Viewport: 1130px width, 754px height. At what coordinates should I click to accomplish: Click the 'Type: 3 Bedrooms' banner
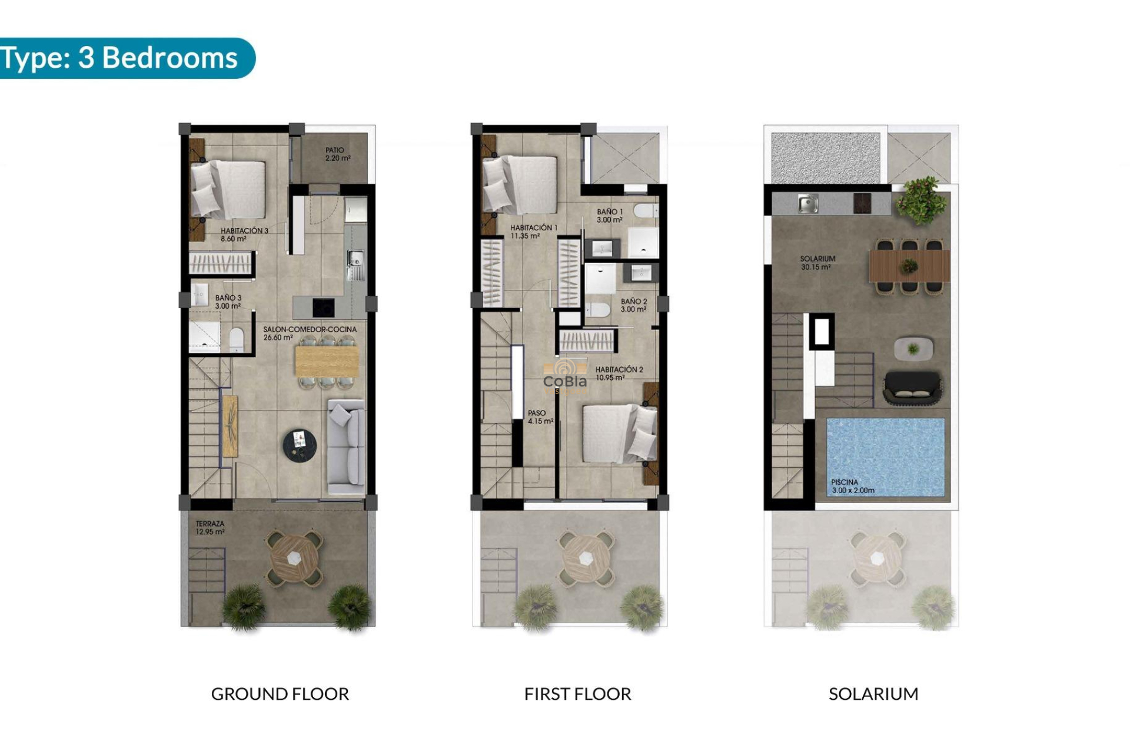(121, 58)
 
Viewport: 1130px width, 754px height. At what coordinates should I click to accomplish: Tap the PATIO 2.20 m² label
(338, 154)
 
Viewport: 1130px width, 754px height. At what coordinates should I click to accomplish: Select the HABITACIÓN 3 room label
(244, 234)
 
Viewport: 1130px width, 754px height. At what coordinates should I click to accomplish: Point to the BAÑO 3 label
(228, 302)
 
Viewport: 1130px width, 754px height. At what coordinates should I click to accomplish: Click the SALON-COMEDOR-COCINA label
(310, 333)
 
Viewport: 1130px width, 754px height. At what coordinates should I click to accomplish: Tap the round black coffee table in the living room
(300, 444)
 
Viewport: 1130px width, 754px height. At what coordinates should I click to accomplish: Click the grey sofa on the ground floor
(346, 446)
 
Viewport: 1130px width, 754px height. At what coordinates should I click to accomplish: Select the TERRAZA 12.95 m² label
(210, 527)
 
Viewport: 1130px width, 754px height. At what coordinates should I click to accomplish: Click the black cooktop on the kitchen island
(323, 307)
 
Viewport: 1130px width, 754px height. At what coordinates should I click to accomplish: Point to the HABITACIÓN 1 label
(533, 232)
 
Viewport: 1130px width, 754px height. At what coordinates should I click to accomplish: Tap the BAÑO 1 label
(609, 216)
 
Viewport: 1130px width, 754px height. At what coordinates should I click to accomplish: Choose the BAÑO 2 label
(633, 305)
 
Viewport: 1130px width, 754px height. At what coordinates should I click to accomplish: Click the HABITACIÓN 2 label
(619, 373)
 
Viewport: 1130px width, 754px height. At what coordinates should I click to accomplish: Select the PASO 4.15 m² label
(540, 417)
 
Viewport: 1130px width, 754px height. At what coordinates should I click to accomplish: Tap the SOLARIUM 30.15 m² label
(817, 263)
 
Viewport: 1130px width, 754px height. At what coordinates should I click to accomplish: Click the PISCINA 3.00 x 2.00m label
(852, 486)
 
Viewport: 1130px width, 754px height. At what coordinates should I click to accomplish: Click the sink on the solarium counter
(807, 204)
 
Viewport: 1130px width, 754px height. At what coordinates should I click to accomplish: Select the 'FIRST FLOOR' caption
(577, 694)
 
